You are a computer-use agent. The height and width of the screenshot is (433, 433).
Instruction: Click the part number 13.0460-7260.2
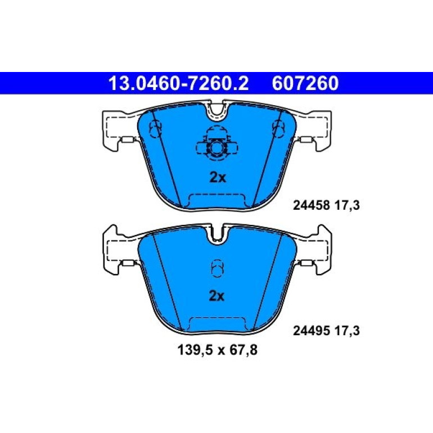coord(179,83)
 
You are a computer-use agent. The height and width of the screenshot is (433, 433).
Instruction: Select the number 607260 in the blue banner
coord(305,83)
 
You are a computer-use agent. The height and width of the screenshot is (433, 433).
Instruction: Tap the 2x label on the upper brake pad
coord(218,178)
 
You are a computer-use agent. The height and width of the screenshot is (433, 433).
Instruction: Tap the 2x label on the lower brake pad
coord(216,296)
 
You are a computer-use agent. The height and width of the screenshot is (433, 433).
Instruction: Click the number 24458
coord(312,205)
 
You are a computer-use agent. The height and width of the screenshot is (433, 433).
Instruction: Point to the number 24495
coord(312,331)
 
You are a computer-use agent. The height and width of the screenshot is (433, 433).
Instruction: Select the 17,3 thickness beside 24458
coord(348,205)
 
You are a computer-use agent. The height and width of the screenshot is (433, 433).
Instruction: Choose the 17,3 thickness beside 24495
coord(348,331)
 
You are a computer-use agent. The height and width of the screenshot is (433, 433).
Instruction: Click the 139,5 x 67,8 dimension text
coord(218,350)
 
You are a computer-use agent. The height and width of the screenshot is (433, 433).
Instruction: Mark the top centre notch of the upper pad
coord(217,112)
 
